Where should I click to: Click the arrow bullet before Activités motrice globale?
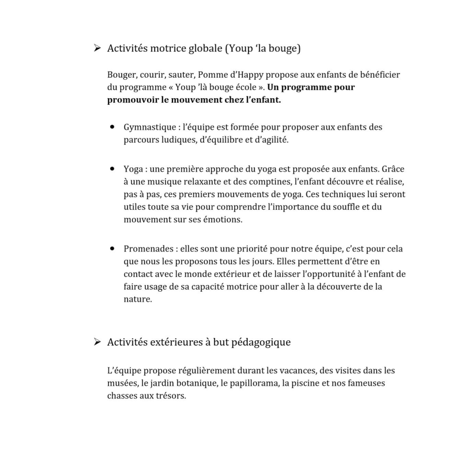[96, 48]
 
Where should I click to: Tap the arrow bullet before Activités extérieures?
[96, 342]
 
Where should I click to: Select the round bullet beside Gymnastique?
[112, 127]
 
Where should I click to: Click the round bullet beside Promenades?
[112, 249]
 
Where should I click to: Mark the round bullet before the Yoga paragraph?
[112, 169]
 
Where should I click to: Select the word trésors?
[172, 396]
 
